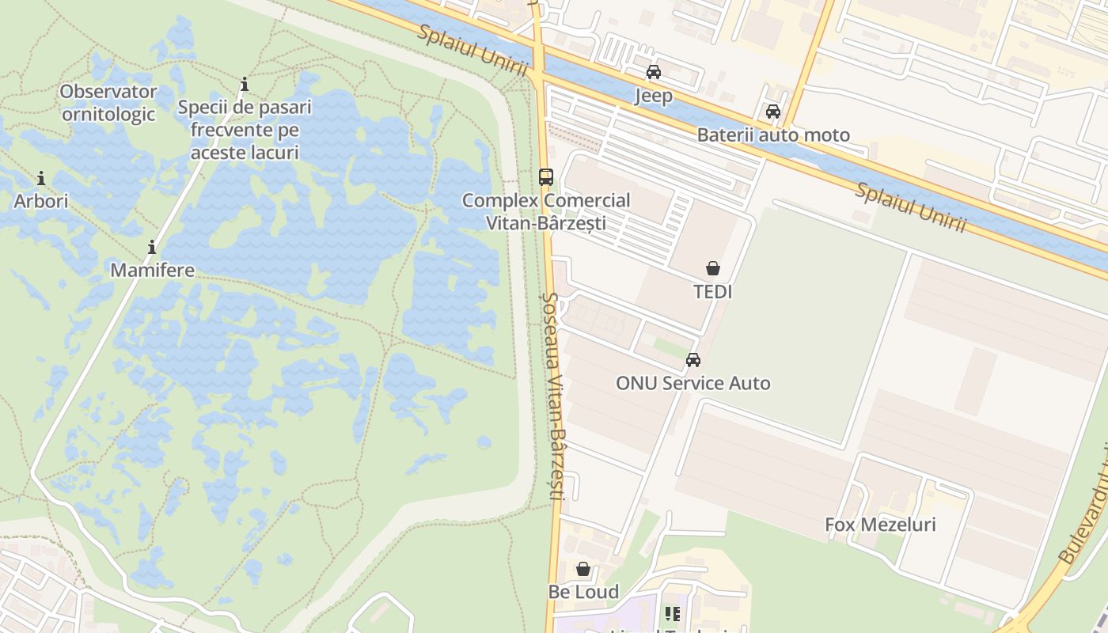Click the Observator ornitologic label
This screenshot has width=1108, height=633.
[108, 103]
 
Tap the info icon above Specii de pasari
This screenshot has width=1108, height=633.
[245, 84]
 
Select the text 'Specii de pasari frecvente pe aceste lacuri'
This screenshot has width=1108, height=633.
[245, 129]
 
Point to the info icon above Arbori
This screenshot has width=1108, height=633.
[41, 178]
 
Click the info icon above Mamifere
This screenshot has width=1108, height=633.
[152, 247]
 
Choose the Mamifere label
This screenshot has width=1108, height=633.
[152, 270]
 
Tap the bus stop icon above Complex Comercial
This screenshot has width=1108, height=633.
[546, 177]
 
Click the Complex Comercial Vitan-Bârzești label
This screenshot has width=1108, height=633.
[546, 211]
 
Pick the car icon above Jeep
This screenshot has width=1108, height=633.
[654, 72]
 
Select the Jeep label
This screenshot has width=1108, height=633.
[654, 96]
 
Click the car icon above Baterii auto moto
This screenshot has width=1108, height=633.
[773, 112]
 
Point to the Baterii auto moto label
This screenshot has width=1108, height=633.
[773, 135]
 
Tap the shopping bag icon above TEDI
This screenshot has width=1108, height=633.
[713, 268]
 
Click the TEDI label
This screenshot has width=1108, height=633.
[713, 292]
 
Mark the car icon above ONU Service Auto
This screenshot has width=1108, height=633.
[693, 360]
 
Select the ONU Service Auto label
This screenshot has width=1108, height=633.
[693, 384]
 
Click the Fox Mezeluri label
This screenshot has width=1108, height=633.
[880, 525]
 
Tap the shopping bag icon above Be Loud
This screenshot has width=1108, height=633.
[583, 569]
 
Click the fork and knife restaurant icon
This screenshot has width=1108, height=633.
[673, 613]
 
